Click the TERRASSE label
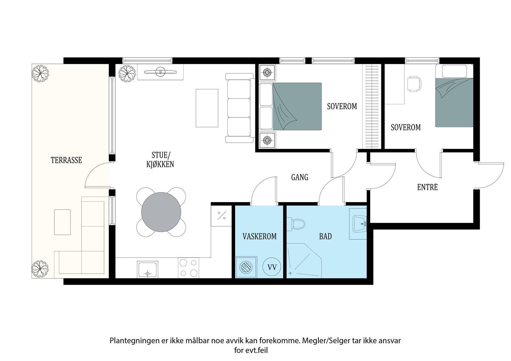pyautogui.click(x=66, y=160)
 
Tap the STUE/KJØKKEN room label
pyautogui.click(x=160, y=160)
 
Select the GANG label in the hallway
pyautogui.click(x=300, y=177)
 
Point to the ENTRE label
pyautogui.click(x=427, y=187)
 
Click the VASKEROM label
pyautogui.click(x=259, y=237)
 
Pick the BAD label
pyautogui.click(x=325, y=237)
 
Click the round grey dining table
pyautogui.click(x=161, y=212)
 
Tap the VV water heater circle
pyautogui.click(x=272, y=267)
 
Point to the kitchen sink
pyautogui.click(x=147, y=269)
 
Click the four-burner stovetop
pyautogui.click(x=188, y=268)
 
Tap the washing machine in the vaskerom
pyautogui.click(x=246, y=267)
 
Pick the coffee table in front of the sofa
pyautogui.click(x=207, y=108)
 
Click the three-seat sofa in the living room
pyautogui.click(x=240, y=108)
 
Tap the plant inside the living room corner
pyautogui.click(x=127, y=73)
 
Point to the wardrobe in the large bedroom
pyautogui.click(x=372, y=106)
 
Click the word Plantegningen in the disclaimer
pyautogui.click(x=134, y=341)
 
